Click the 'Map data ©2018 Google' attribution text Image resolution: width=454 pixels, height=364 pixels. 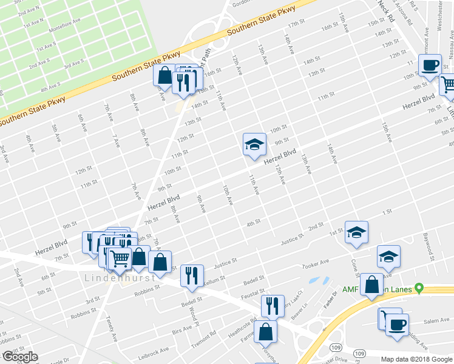[x=417, y=359]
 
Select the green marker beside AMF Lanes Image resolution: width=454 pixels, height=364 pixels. [x=418, y=289]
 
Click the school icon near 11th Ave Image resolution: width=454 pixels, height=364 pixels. [x=254, y=144]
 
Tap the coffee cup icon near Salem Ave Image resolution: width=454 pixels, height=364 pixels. [x=397, y=325]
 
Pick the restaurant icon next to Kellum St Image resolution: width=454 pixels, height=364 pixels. [x=192, y=275]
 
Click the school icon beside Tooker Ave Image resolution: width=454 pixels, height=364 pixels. [x=388, y=256]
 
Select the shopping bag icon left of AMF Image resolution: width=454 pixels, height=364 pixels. [x=371, y=285]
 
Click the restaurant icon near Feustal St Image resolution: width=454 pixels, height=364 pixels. [x=273, y=305]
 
